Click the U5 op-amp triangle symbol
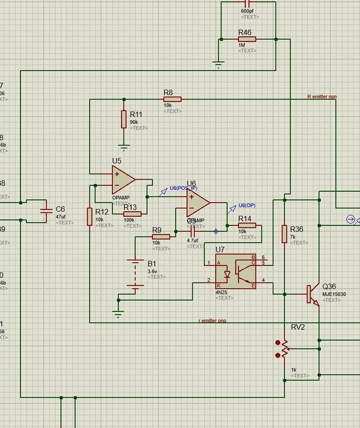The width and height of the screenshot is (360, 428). tap(122, 180)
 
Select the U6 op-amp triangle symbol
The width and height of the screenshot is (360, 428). tap(197, 203)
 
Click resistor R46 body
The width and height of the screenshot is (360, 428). tap(247, 39)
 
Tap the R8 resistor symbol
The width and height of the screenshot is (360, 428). tap(172, 99)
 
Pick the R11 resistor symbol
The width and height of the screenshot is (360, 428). tap(123, 119)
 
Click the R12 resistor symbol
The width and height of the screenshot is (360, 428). tap(90, 216)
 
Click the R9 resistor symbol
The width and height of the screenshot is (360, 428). tap(161, 236)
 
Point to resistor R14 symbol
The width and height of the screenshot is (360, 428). tap(246, 225)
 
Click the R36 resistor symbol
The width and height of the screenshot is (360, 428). tap(284, 234)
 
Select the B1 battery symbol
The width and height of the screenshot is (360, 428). tap(136, 276)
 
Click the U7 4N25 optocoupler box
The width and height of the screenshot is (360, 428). tap(236, 271)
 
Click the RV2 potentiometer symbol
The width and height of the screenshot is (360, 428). tap(284, 347)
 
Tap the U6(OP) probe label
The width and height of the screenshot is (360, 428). tap(246, 205)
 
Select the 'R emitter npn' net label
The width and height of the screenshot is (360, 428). tap(322, 97)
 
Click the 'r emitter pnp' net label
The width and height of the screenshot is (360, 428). tap(212, 321)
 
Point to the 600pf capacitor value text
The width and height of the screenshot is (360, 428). tap(247, 11)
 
